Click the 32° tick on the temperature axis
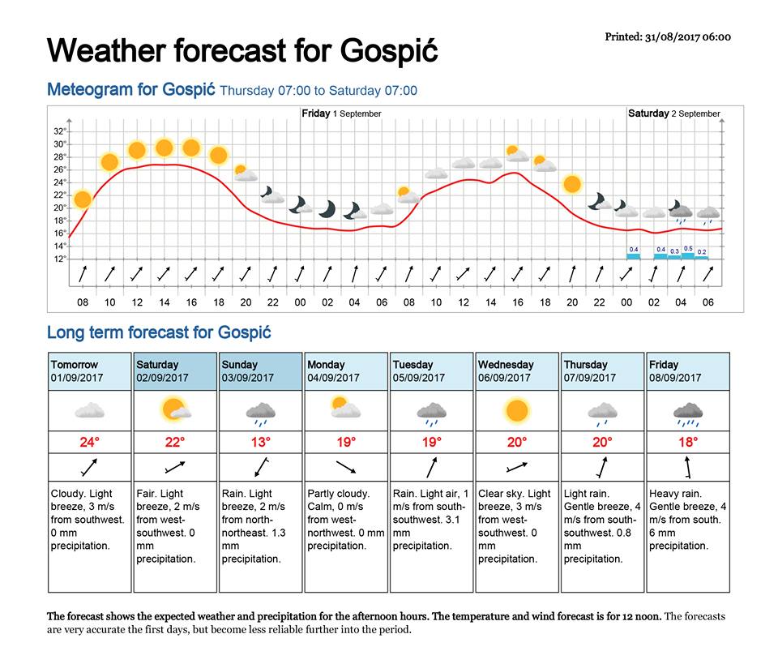tap(60, 131)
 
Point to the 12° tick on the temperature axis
tap(60, 259)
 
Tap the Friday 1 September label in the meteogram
tap(341, 114)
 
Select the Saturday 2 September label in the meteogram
tap(673, 114)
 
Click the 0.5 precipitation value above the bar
tap(688, 249)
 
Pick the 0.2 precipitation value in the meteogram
tap(702, 252)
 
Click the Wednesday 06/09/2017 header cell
tap(517, 371)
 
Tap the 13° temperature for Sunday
tap(260, 443)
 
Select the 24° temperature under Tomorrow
tap(89, 443)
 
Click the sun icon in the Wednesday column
tap(517, 411)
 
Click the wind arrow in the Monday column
tap(346, 467)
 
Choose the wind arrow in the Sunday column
tap(260, 467)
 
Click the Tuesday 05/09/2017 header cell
tap(431, 371)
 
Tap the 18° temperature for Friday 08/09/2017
tap(688, 443)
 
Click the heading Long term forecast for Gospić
tap(159, 332)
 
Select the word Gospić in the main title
tap(390, 51)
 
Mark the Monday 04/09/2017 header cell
tap(346, 371)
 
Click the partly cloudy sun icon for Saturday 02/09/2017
tap(175, 409)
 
